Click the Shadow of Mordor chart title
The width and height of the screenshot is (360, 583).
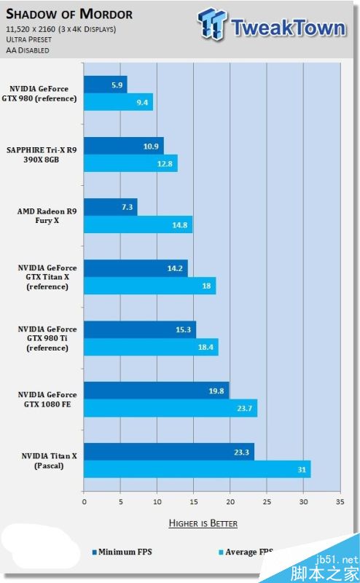pyautogui.click(x=70, y=15)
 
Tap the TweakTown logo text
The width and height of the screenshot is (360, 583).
pyautogui.click(x=287, y=28)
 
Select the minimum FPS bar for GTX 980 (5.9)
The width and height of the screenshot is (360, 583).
pyautogui.click(x=106, y=85)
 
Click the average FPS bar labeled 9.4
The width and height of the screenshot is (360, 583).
pyautogui.click(x=118, y=102)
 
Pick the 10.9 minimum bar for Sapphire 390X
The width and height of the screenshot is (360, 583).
pyautogui.click(x=124, y=146)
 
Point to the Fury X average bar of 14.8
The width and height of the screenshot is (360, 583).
pyautogui.click(x=138, y=224)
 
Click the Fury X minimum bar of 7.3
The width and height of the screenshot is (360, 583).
pyautogui.click(x=111, y=207)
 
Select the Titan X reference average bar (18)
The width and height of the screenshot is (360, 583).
pyautogui.click(x=149, y=286)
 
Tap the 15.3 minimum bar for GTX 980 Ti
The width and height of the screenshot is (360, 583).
pyautogui.click(x=140, y=329)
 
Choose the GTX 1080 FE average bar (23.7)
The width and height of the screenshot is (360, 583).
pyautogui.click(x=171, y=408)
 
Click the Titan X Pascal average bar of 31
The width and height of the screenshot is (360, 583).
pyautogui.click(x=197, y=469)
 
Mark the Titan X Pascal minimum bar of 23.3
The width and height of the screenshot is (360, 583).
pyautogui.click(x=169, y=452)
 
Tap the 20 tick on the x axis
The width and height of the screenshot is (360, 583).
pyautogui.click(x=230, y=502)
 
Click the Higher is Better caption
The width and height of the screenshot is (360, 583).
pyautogui.click(x=203, y=523)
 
